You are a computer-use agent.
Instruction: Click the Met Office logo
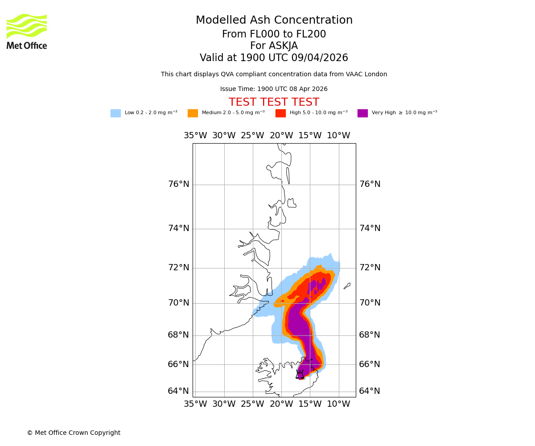tap(27, 32)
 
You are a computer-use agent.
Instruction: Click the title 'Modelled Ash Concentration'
tap(274, 21)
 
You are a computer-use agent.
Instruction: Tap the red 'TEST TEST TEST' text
tap(274, 103)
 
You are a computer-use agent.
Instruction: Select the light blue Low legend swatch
tap(115, 113)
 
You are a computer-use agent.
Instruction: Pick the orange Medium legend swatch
tap(193, 113)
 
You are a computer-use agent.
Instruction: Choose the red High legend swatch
tap(280, 113)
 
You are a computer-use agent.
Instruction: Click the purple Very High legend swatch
tap(362, 113)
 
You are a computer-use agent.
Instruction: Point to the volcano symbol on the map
tap(300, 375)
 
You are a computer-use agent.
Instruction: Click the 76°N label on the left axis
tap(178, 184)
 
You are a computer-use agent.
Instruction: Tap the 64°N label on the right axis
tap(370, 391)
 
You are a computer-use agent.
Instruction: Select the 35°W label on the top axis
tap(195, 136)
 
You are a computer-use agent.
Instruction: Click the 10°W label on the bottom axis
tap(338, 404)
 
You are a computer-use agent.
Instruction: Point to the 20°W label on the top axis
tap(281, 136)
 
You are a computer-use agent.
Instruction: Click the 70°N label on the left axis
tap(178, 303)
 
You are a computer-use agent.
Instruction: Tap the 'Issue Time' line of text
tap(274, 89)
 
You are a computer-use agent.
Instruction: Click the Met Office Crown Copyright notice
tap(74, 433)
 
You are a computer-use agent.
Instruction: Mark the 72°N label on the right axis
tap(370, 268)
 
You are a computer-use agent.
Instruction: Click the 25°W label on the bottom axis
tap(252, 404)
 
